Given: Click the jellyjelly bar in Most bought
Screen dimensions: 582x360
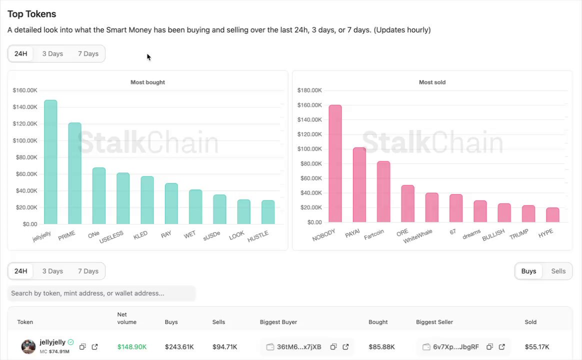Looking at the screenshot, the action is pyautogui.click(x=50, y=162).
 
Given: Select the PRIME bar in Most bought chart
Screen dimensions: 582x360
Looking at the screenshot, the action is pyautogui.click(x=74, y=173).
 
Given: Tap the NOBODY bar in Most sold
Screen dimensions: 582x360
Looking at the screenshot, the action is pyautogui.click(x=335, y=163).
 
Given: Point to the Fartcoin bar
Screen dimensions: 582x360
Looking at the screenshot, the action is pyautogui.click(x=383, y=191).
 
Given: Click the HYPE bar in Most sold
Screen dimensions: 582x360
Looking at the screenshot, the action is pyautogui.click(x=552, y=215).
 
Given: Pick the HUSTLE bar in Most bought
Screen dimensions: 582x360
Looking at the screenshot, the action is pyautogui.click(x=268, y=212).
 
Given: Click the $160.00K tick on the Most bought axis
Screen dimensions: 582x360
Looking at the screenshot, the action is pyautogui.click(x=25, y=90).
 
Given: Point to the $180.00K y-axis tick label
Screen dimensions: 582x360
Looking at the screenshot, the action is pyautogui.click(x=309, y=90).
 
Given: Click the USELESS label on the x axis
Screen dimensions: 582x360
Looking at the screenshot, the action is pyautogui.click(x=111, y=237).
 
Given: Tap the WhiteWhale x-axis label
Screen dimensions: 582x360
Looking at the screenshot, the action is pyautogui.click(x=417, y=236).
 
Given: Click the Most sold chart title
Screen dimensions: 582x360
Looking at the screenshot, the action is pyautogui.click(x=432, y=82).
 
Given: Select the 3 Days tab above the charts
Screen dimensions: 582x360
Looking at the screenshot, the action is pyautogui.click(x=52, y=54).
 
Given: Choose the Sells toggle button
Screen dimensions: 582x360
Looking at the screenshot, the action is pyautogui.click(x=558, y=271).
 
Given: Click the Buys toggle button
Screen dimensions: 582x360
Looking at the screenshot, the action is pyautogui.click(x=528, y=271).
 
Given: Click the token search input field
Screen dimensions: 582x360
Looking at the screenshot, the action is pyautogui.click(x=101, y=293).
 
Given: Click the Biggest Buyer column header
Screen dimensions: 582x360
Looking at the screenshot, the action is pyautogui.click(x=278, y=322).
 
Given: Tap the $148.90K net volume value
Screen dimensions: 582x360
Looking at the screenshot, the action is pyautogui.click(x=132, y=347).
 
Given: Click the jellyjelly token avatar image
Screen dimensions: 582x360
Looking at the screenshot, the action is pyautogui.click(x=28, y=346).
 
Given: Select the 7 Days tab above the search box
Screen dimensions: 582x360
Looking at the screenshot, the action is pyautogui.click(x=88, y=271).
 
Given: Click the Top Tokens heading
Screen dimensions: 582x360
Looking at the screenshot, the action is pyautogui.click(x=32, y=14).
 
